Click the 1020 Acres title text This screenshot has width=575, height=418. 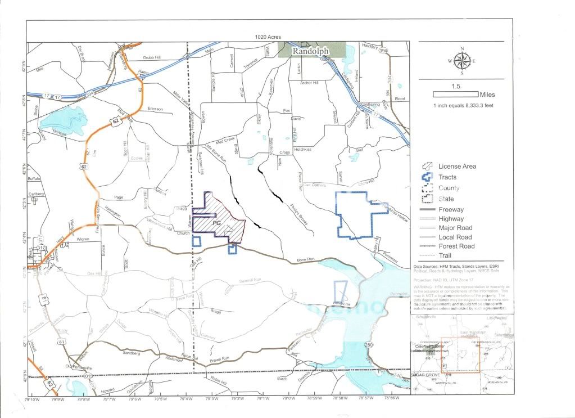click(x=268, y=37)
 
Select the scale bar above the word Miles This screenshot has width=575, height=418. click(x=455, y=95)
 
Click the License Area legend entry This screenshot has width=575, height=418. click(x=456, y=167)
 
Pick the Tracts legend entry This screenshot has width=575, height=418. click(x=446, y=177)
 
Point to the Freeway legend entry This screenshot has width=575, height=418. click(x=450, y=209)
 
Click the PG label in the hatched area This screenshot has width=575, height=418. click(x=216, y=223)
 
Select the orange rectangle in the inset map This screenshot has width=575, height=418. click(x=460, y=355)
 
